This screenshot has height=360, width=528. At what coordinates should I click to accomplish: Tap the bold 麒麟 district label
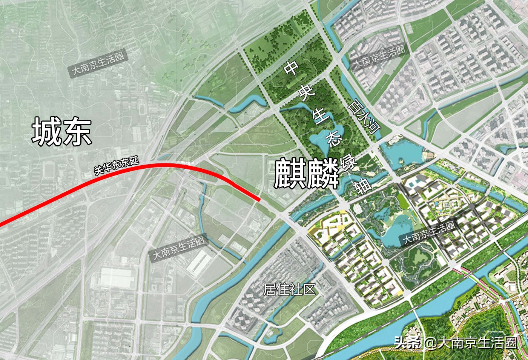pos(306,174)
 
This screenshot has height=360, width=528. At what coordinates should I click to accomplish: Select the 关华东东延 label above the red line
pos(117,166)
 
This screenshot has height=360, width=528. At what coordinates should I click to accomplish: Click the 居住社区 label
pos(289,289)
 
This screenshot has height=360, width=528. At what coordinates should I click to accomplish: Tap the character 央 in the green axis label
pos(307,92)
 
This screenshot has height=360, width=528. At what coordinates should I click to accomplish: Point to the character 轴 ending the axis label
pos(362,186)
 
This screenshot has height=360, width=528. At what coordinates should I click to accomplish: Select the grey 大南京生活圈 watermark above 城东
pos(98,64)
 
